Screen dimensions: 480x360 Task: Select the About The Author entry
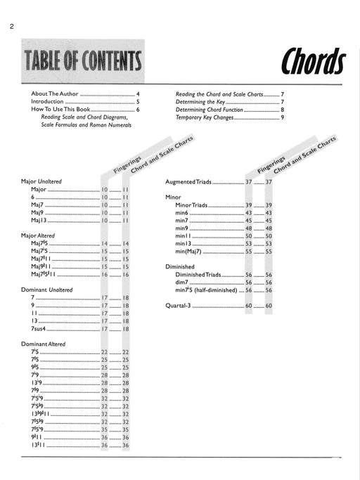coord(55,93)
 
